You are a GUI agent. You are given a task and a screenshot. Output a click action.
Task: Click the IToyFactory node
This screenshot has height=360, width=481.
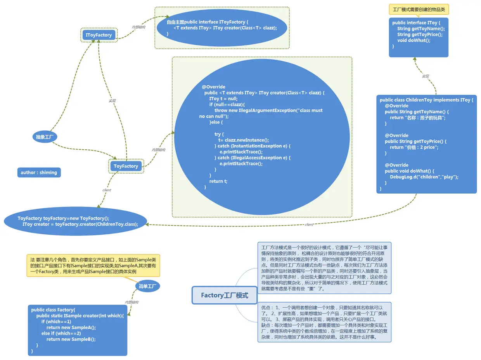click(x=99, y=35)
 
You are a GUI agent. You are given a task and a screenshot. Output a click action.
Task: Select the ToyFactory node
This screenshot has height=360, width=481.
click(x=126, y=166)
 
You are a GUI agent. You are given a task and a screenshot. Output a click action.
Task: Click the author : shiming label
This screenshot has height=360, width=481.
click(x=39, y=173)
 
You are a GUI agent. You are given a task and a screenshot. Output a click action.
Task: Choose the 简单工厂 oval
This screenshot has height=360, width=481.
click(x=147, y=286)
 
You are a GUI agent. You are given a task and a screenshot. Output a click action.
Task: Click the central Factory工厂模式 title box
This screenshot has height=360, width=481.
click(x=225, y=295)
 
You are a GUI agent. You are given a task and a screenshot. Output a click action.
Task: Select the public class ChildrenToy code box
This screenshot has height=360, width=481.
click(x=426, y=144)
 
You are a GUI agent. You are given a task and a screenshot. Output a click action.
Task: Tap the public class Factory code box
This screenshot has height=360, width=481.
click(x=77, y=330)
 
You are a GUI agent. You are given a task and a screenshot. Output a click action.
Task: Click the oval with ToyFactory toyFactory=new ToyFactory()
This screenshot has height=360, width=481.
click(x=75, y=221)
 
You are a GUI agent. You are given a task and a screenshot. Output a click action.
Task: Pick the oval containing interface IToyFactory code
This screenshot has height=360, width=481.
click(x=221, y=28)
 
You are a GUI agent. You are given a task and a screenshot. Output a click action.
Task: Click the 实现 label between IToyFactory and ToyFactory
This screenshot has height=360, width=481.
click(x=112, y=101)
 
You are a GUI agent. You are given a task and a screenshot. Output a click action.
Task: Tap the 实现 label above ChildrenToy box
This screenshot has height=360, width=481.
click(x=426, y=76)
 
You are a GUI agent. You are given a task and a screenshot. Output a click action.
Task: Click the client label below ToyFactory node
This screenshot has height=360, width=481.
click(x=107, y=190)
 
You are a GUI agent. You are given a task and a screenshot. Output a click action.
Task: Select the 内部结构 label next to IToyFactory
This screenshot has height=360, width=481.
click(x=138, y=27)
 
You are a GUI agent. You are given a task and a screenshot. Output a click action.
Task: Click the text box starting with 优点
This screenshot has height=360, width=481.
click(x=324, y=322)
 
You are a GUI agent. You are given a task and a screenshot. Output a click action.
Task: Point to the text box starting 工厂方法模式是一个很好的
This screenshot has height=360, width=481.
click(x=324, y=268)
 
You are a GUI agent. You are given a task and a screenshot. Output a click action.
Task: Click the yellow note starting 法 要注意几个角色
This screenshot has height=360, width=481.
click(x=93, y=266)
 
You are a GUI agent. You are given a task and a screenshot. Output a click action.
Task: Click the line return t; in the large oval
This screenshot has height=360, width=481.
click(x=218, y=181)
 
